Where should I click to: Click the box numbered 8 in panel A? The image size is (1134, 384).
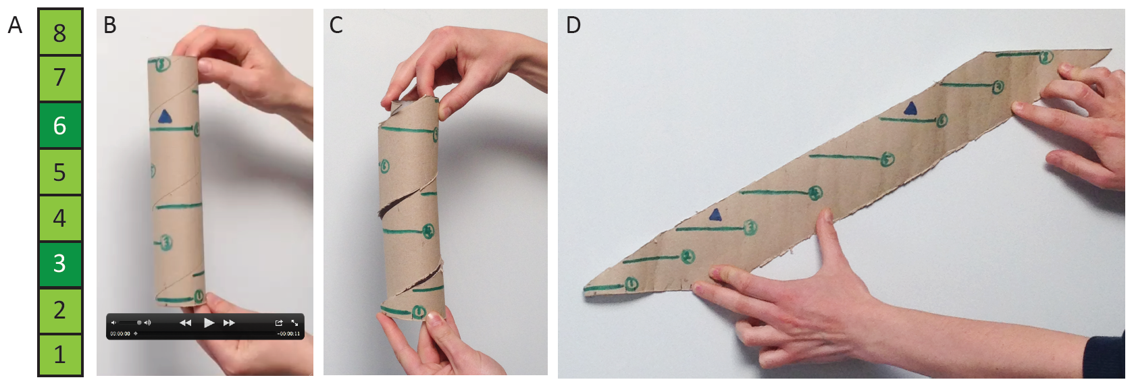coord(59,32)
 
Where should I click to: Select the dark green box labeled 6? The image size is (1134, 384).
coord(59,126)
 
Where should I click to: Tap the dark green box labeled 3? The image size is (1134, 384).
coord(59,263)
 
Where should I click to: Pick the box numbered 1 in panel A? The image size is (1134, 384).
coord(59,354)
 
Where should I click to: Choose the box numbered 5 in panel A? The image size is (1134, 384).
coord(59,172)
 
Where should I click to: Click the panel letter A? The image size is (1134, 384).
coord(15,26)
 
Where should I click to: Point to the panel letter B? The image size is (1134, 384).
coord(109,26)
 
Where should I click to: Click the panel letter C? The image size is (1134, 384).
coord(336,26)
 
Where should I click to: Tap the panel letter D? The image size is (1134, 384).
coord(573,26)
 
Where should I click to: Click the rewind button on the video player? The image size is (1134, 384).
coord(185,323)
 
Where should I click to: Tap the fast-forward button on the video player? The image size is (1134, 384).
coord(230,323)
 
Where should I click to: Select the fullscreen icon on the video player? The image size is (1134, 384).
coord(294,323)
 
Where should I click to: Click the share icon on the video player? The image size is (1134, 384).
coord(279,323)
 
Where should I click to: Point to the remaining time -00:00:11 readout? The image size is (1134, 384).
coord(288,333)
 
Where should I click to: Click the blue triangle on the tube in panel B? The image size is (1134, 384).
coord(165,117)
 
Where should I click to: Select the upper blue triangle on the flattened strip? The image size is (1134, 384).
coord(910,109)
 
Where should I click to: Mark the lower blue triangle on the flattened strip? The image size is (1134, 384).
coord(715,215)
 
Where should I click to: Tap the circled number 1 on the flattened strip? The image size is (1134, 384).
coord(632,283)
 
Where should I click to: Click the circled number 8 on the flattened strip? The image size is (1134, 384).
coord(1046,57)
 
